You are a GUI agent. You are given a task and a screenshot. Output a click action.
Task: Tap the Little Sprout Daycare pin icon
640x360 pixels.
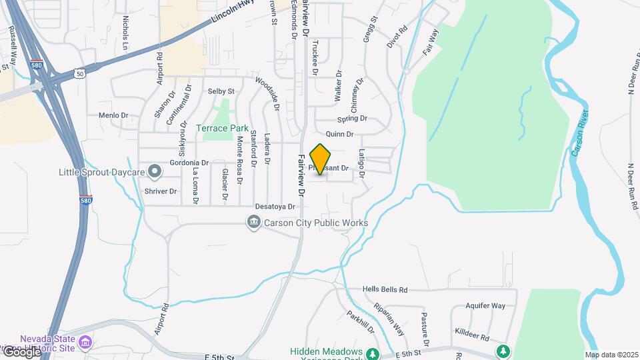coord(155,173)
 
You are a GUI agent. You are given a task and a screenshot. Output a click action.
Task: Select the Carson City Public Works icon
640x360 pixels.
coord(253,223)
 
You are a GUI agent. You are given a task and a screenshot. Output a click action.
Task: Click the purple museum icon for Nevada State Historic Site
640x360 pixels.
coord(85,343)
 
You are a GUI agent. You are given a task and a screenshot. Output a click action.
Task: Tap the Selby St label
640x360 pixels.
coord(221,91)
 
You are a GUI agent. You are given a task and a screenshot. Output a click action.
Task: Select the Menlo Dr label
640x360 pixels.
coord(113,115)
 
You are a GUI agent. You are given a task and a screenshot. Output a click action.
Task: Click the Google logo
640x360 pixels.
coord(21,351)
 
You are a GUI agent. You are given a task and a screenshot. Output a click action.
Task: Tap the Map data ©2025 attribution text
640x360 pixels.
coord(611,355)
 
